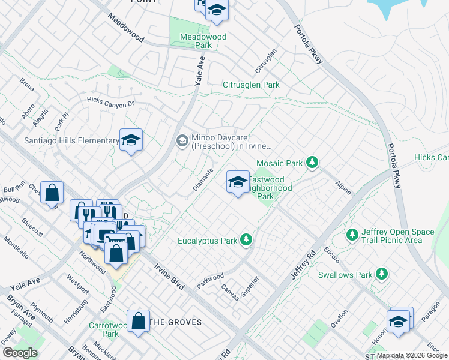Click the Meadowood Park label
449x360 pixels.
[204, 41]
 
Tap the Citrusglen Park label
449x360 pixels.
[251, 85]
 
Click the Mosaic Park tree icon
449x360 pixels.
[312, 163]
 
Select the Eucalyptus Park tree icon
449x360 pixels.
[245, 241]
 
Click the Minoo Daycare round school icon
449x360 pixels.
[182, 141]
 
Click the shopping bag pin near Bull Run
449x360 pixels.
[52, 193]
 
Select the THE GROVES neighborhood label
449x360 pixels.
[175, 322]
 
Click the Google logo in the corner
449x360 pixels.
[20, 353]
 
